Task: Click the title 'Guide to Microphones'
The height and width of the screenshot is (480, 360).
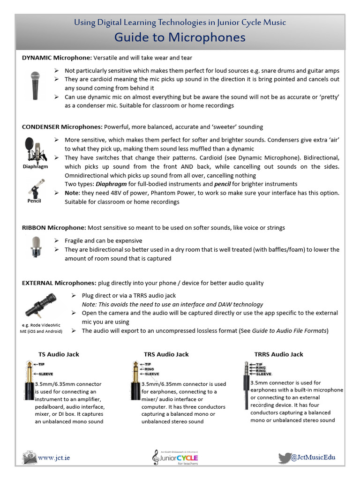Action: (x=180, y=37)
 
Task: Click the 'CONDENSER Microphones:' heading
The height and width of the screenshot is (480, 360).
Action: (x=62, y=127)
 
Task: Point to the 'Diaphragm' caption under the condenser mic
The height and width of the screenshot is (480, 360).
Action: (x=35, y=166)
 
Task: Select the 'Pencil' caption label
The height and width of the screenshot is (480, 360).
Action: (x=34, y=201)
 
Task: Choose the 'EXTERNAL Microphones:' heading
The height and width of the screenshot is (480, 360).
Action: (x=59, y=283)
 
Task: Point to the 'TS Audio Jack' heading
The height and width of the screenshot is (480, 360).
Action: (x=59, y=354)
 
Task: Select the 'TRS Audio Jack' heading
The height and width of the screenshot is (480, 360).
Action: (x=166, y=354)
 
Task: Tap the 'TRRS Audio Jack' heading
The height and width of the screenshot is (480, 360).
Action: (x=278, y=354)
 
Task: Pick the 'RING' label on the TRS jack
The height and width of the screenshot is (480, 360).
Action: (x=149, y=369)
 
